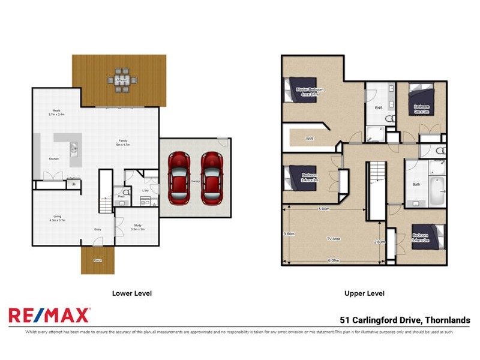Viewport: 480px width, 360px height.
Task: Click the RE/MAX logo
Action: point(49,315)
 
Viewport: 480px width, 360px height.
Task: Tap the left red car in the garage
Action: point(179,178)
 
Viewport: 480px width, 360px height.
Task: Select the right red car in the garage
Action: point(212,178)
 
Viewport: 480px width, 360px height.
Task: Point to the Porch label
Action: point(97,260)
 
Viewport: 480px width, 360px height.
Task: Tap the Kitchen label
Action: point(54,158)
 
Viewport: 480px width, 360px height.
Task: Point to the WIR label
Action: point(310,138)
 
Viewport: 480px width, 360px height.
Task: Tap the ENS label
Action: point(379,108)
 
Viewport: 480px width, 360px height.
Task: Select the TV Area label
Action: point(334,239)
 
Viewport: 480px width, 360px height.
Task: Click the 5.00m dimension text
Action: point(324,209)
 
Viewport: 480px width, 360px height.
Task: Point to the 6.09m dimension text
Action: point(334,260)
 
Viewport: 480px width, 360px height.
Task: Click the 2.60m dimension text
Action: point(379,242)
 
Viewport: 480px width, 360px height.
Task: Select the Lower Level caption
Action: point(132,293)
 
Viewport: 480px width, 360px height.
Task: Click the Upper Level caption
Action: point(364,293)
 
